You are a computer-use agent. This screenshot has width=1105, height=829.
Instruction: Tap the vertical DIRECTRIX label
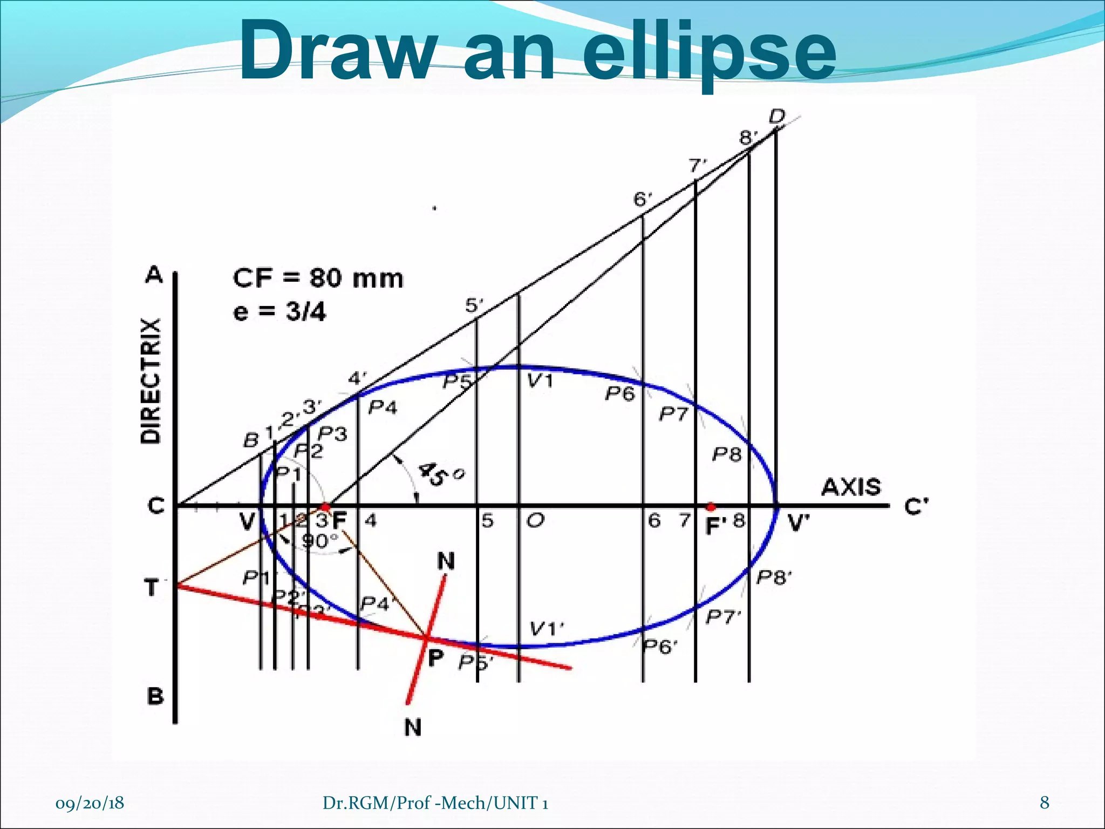coord(151,381)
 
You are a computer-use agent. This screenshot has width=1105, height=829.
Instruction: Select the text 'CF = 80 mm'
coord(318,279)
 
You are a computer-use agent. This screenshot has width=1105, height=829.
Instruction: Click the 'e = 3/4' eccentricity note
coord(279,312)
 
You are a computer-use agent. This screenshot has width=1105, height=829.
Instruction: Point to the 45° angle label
coord(440,473)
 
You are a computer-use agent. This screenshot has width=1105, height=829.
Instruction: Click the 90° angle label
coord(319,540)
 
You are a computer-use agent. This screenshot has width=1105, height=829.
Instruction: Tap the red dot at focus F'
coord(711,507)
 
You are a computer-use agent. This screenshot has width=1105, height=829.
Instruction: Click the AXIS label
coord(851,487)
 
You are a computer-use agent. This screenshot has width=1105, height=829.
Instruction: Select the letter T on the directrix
coord(152,587)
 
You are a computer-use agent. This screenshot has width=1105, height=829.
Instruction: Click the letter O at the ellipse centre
coord(535,521)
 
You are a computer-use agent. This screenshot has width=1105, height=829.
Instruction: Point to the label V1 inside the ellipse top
coord(540,382)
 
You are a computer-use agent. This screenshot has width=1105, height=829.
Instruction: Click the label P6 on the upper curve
coord(619,393)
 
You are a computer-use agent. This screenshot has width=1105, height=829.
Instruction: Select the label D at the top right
coord(777,116)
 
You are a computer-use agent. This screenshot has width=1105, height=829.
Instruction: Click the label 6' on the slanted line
coord(643,200)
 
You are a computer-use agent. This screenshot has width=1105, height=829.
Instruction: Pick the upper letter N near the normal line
coord(446,562)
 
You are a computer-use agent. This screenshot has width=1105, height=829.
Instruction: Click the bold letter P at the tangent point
coord(435,657)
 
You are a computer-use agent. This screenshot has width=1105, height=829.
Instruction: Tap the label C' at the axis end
coord(916,507)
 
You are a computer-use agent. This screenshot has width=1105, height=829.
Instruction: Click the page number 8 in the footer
coord(1045,803)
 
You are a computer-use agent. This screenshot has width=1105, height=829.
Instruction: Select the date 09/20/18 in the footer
coord(90,803)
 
